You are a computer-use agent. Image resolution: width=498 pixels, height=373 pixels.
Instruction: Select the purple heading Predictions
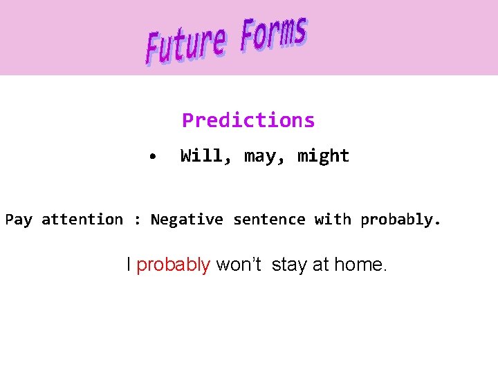pyautogui.click(x=248, y=120)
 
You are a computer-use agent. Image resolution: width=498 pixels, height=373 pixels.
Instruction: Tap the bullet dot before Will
pyautogui.click(x=152, y=157)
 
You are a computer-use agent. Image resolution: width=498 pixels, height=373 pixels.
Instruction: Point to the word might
pyautogui.click(x=323, y=157)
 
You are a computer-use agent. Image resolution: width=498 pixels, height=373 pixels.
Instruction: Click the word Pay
pyautogui.click(x=19, y=220)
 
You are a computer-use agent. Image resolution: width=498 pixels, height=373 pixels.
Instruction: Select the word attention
pyautogui.click(x=82, y=220)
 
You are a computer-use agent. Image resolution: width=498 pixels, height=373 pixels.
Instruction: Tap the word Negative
pyautogui.click(x=187, y=220)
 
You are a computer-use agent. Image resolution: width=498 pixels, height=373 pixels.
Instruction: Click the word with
pyautogui.click(x=333, y=220)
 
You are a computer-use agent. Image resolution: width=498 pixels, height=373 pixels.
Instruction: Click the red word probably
pyautogui.click(x=173, y=265)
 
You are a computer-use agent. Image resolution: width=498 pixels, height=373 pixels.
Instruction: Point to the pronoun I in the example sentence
pyautogui.click(x=129, y=264)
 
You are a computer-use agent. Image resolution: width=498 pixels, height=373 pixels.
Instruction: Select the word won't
pyautogui.click(x=239, y=264)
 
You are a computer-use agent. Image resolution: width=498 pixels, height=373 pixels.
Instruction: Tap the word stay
pyautogui.click(x=290, y=265)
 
